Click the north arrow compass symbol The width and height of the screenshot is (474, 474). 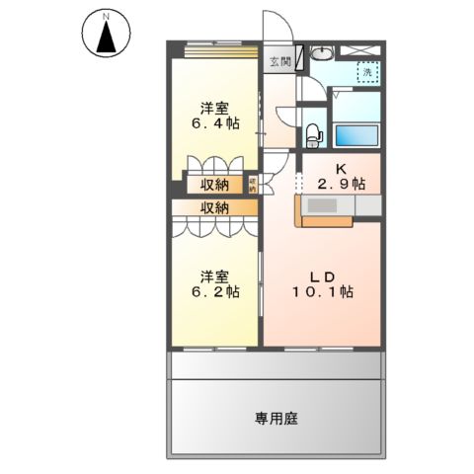point(106,35)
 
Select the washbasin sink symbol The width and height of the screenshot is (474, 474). point(322,53)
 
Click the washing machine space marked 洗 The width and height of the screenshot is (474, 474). point(365,72)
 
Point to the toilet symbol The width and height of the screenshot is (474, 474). point(313,131)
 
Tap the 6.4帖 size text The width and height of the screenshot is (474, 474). point(215,123)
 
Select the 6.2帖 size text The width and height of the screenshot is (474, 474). point(215,291)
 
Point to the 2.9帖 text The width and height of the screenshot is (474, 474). point(342,184)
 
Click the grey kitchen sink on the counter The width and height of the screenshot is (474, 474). point(325,205)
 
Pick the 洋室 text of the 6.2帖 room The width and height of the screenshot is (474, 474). point(215,275)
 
